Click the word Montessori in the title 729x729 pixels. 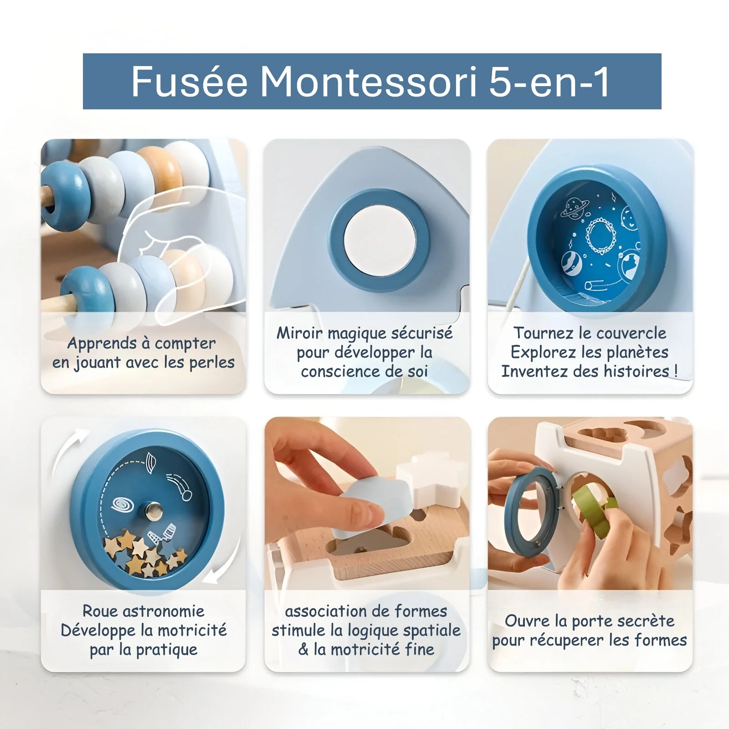pyautogui.click(x=369, y=82)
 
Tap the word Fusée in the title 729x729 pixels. pyautogui.click(x=190, y=82)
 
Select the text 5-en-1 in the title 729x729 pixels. pyautogui.click(x=549, y=82)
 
